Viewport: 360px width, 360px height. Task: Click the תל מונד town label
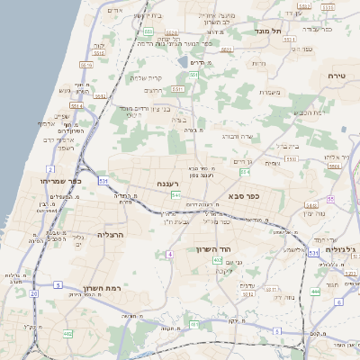[x=269, y=31]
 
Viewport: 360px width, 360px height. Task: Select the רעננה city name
[x=166, y=184]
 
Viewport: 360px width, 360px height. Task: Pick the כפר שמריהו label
[x=61, y=181]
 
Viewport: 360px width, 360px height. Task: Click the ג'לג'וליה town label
[x=338, y=249]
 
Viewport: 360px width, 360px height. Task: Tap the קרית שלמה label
[x=144, y=77]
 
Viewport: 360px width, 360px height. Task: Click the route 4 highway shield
[x=168, y=255]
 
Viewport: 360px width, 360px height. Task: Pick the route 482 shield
[x=67, y=334]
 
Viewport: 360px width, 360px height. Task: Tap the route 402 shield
[x=217, y=260]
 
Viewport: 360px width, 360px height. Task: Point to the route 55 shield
[x=330, y=199]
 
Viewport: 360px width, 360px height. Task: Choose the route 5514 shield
[x=76, y=105]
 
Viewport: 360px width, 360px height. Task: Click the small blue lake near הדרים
[x=184, y=62]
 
